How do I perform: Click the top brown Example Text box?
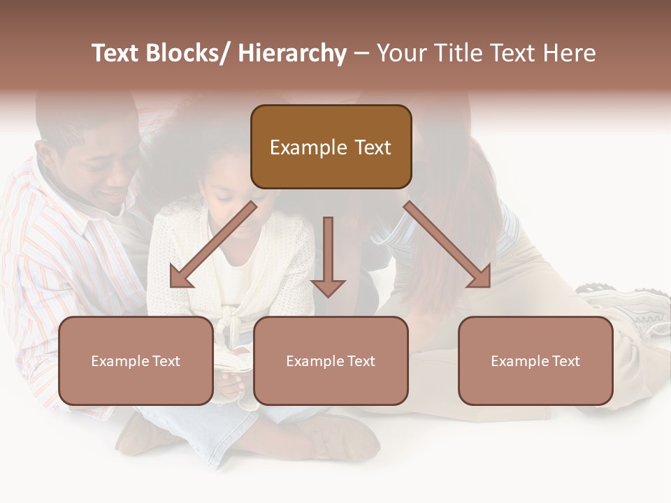[x=331, y=147]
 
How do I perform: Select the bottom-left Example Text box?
[x=136, y=360]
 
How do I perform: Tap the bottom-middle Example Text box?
[x=331, y=360]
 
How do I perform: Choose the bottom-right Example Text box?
[x=535, y=360]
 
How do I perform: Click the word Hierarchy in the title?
[x=292, y=53]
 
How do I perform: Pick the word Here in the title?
[x=569, y=53]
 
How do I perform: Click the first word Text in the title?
[x=116, y=53]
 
